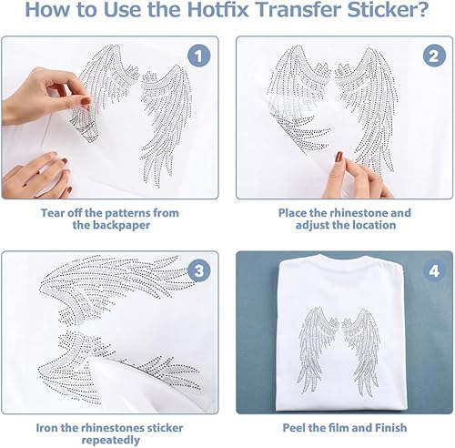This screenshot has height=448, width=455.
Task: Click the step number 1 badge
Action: point(198,56)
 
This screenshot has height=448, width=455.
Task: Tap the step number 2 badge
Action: point(434,56)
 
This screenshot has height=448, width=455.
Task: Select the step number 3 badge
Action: point(198,270)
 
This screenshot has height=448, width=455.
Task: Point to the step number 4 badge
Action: point(434,270)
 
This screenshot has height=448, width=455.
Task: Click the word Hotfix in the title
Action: point(217,9)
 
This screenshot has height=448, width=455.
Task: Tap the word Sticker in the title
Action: point(388,9)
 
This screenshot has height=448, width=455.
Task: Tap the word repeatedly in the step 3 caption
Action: point(111,441)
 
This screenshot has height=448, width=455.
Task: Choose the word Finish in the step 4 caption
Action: point(391,428)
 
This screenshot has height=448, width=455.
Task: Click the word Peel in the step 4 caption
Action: point(294,428)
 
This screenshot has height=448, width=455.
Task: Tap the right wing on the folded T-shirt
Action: point(361,352)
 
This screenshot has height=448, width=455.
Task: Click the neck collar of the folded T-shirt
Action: point(343,258)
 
